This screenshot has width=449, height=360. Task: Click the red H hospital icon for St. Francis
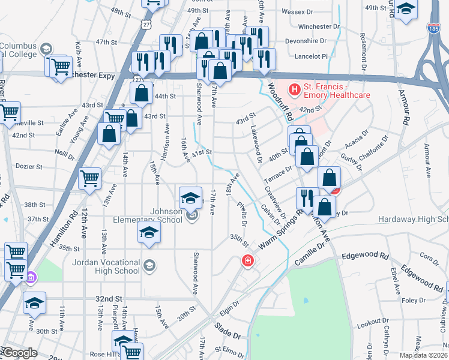click(x=295, y=91)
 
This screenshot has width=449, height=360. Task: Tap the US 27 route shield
click(x=147, y=22)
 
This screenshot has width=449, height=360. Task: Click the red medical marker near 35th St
click(x=247, y=260)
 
